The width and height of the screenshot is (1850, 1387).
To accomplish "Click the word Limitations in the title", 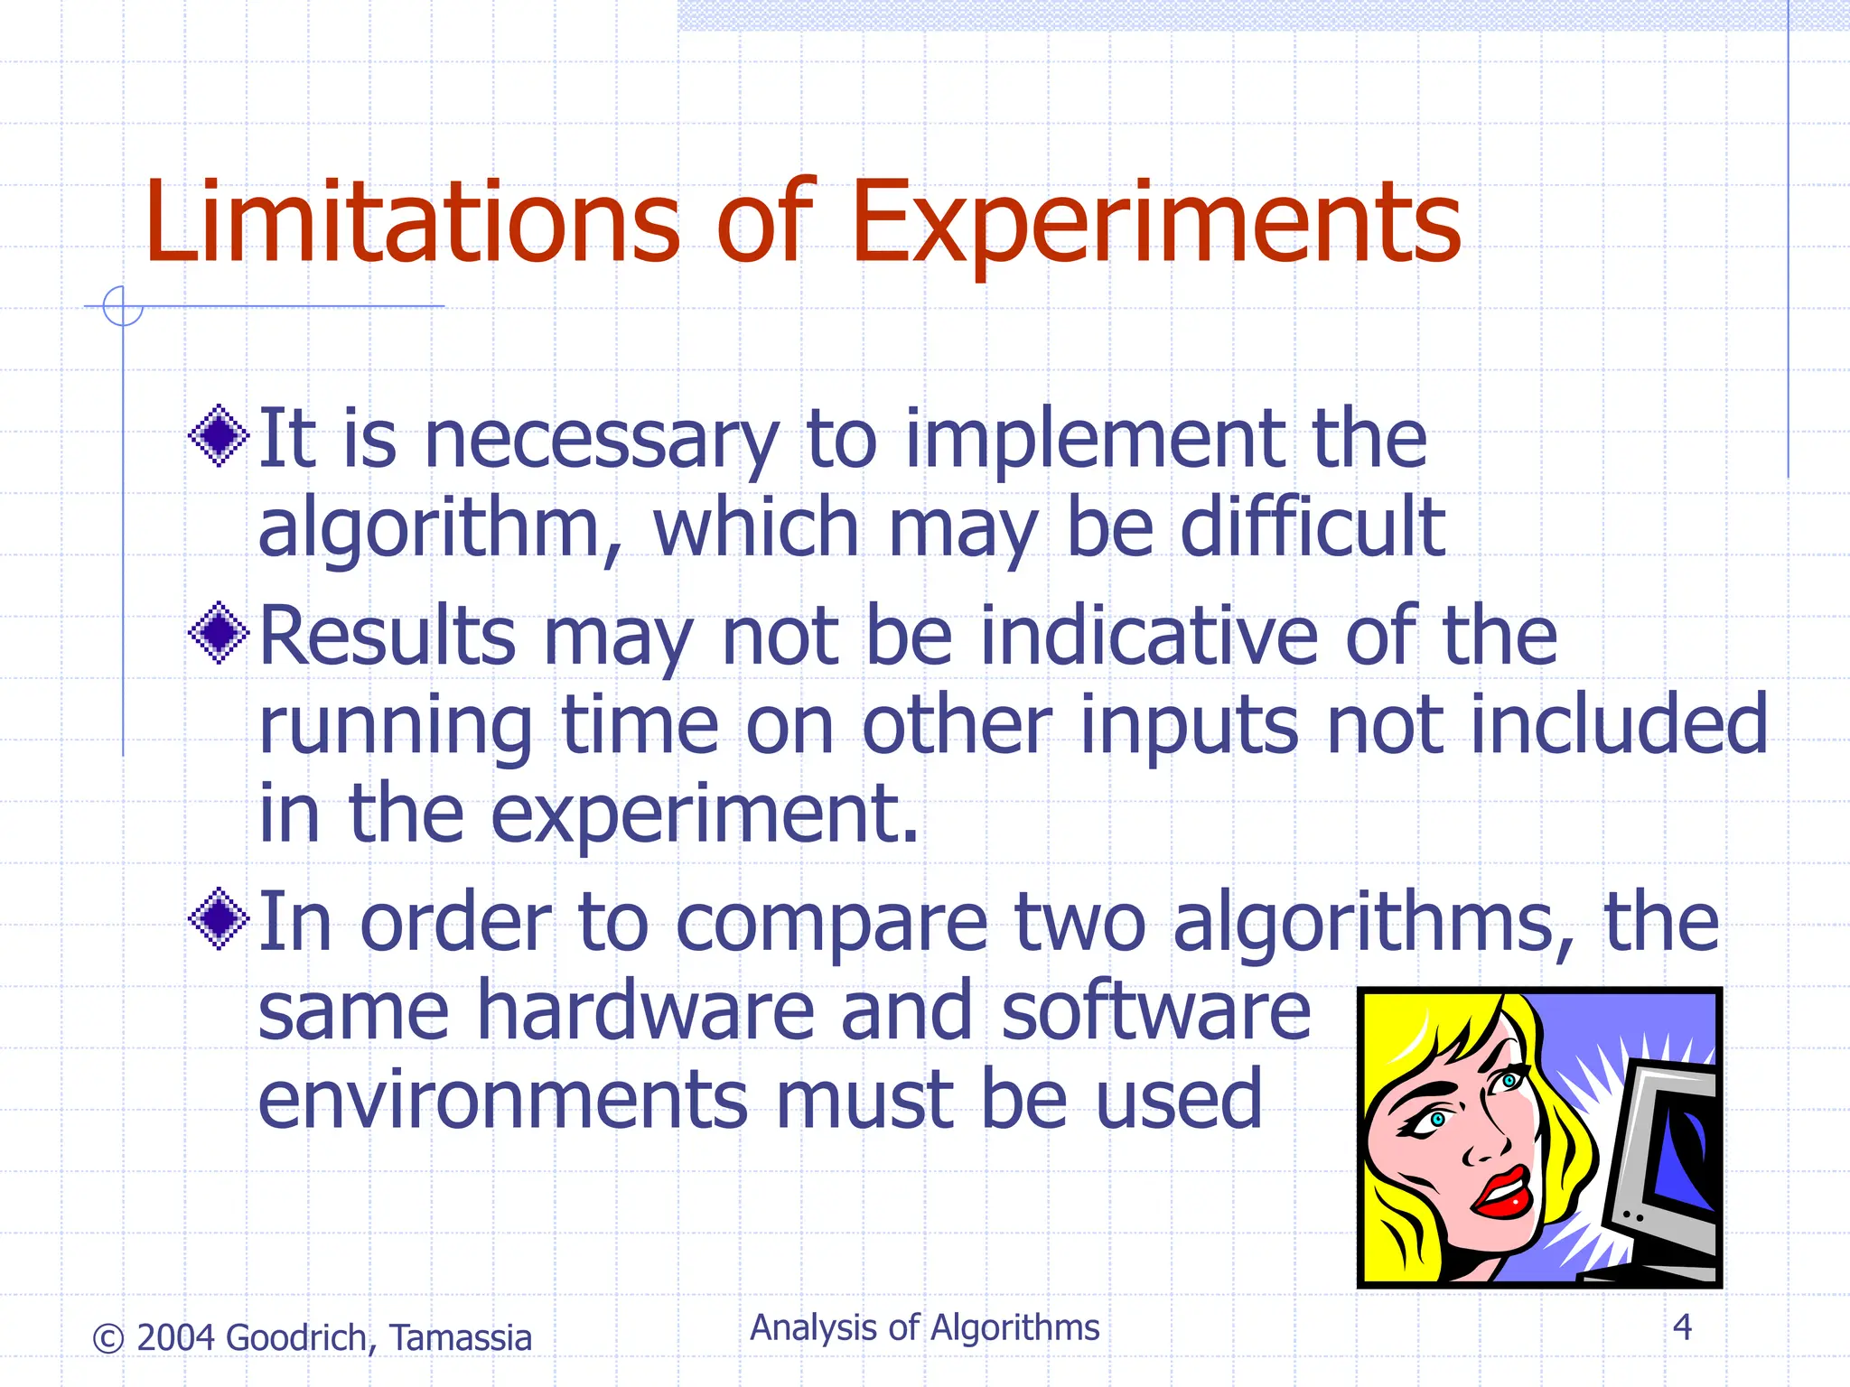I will click(x=411, y=221).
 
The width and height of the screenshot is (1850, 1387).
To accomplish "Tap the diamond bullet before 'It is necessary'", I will click(x=219, y=436).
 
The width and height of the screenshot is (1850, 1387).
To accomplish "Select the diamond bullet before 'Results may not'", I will click(x=219, y=633).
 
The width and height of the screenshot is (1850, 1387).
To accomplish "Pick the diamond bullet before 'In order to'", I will click(x=219, y=919).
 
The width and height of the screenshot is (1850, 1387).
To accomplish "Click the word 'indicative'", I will click(x=1147, y=636).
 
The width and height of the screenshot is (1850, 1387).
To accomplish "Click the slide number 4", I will click(x=1682, y=1327).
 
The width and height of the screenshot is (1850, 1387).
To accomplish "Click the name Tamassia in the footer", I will click(x=461, y=1338).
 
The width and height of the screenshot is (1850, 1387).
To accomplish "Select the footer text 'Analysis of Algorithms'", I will click(x=925, y=1328).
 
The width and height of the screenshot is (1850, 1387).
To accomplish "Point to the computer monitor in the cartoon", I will click(x=1671, y=1165).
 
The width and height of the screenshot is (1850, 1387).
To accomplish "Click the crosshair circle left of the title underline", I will click(x=123, y=306).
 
